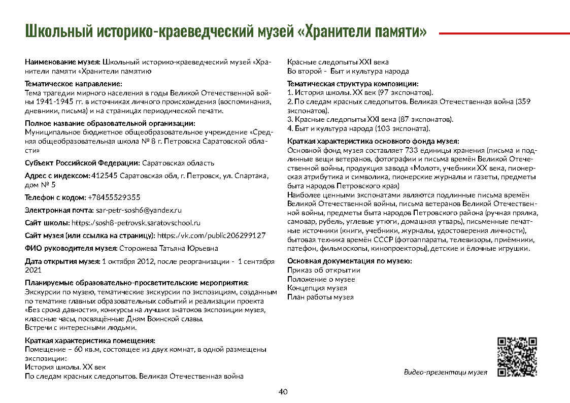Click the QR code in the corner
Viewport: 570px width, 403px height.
[x=517, y=357]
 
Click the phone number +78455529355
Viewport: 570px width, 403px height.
[x=114, y=197]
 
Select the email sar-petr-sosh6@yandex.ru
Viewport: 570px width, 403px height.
[x=139, y=210]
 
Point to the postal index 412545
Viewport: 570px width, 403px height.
[x=104, y=176]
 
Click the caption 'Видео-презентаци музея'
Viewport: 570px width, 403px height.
[x=445, y=372]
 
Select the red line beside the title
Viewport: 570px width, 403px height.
[x=504, y=33]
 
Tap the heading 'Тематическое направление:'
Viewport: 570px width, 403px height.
[x=74, y=84]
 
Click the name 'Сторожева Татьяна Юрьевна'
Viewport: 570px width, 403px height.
[x=169, y=248]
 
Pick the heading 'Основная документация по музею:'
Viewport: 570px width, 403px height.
[x=349, y=261]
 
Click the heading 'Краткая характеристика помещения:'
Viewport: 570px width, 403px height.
[x=90, y=341]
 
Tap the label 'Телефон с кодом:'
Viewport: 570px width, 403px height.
[x=55, y=197]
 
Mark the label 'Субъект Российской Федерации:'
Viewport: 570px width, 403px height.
[x=82, y=163]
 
